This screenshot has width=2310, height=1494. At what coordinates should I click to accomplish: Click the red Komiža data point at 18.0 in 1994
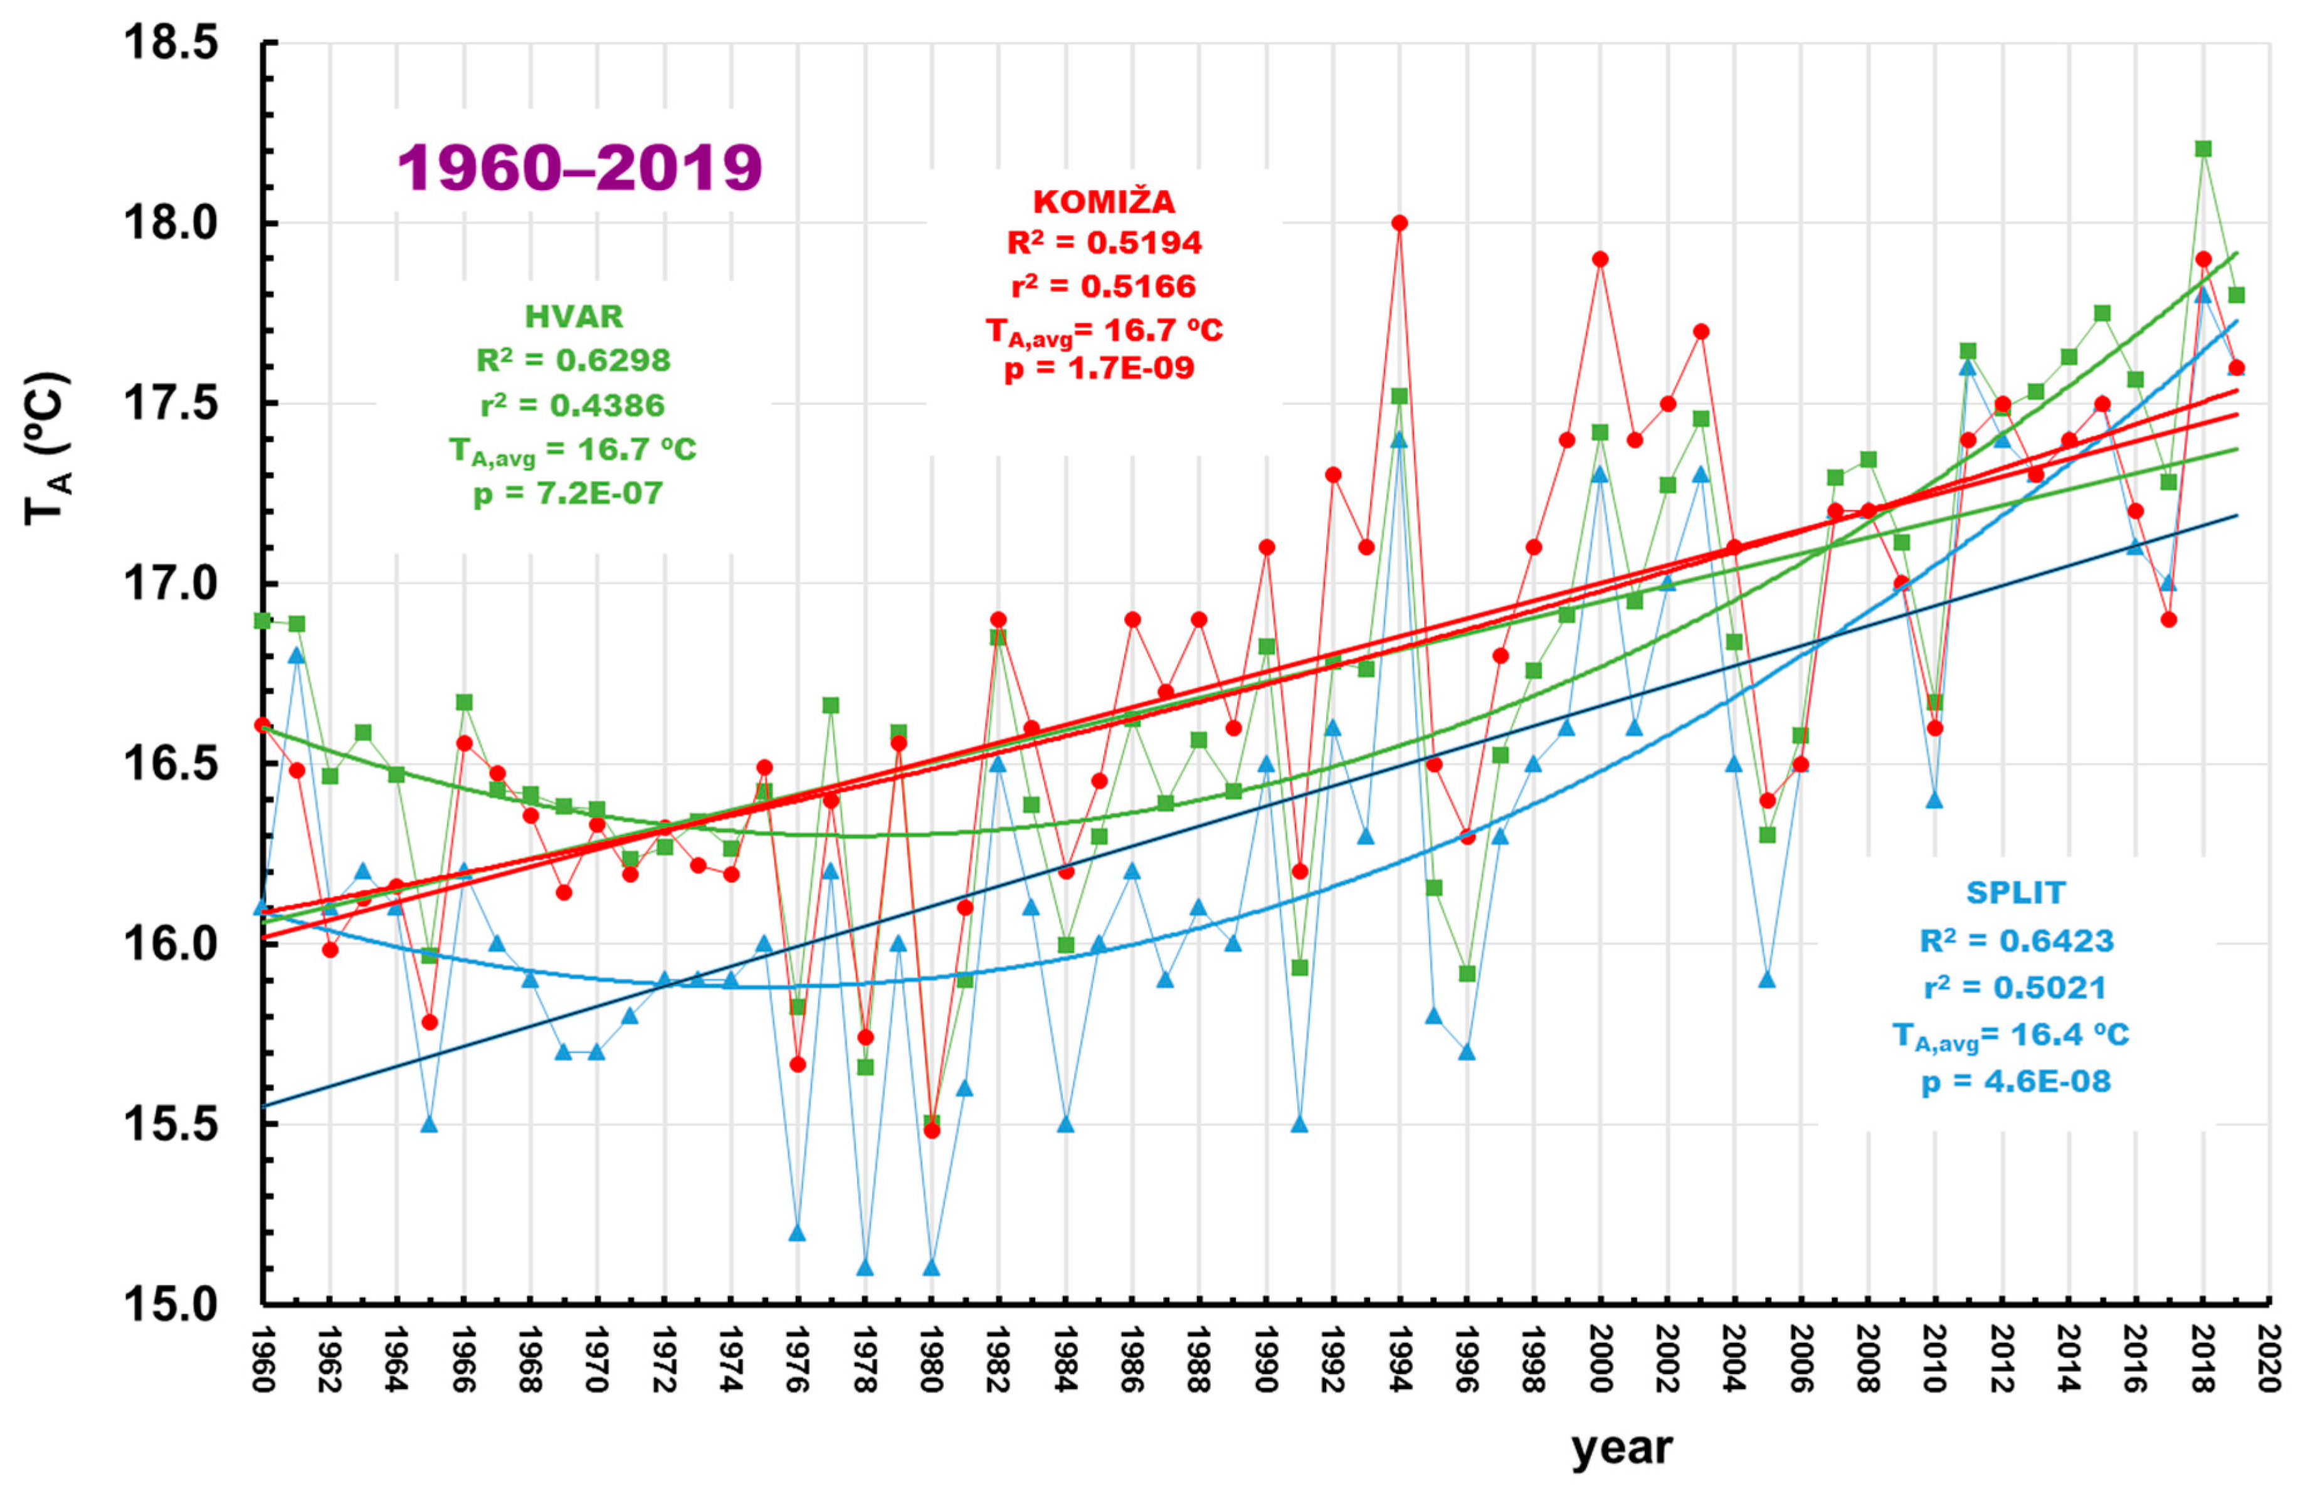(x=1399, y=222)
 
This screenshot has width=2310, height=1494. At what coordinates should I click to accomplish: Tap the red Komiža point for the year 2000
(x=1600, y=259)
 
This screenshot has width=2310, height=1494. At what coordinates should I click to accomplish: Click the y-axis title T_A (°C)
(x=46, y=448)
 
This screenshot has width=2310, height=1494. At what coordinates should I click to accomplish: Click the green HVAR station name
(x=573, y=316)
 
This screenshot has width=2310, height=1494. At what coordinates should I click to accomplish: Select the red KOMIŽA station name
(x=1104, y=202)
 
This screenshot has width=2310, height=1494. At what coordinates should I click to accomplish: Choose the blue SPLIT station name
(x=2015, y=893)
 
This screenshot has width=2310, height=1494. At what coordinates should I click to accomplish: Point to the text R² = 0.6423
(x=2016, y=940)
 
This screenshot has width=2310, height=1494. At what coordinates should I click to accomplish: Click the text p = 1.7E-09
(x=1099, y=369)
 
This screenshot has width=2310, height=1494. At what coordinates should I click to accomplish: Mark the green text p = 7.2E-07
(x=569, y=494)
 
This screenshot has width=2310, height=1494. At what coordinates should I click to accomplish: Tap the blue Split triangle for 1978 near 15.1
(x=865, y=1267)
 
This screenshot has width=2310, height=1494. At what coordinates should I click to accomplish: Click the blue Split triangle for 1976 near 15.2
(x=798, y=1232)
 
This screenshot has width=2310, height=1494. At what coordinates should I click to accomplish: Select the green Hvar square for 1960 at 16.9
(x=262, y=620)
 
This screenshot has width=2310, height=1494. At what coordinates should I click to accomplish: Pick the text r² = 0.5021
(x=2015, y=987)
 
